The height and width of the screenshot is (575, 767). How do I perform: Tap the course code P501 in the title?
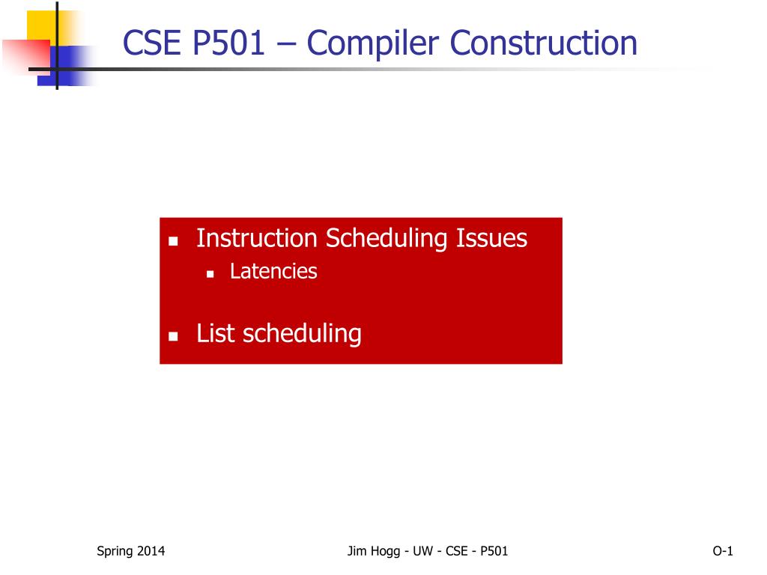click(228, 43)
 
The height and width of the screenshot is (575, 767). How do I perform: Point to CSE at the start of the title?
click(151, 43)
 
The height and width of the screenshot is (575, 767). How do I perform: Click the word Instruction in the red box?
click(257, 238)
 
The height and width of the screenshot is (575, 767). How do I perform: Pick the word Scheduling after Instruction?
click(386, 240)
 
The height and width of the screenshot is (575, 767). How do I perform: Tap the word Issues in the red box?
click(491, 238)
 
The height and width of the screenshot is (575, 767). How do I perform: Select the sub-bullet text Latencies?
click(273, 271)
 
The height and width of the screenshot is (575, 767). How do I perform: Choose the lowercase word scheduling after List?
click(302, 335)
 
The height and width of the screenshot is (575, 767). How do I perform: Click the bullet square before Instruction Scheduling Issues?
click(173, 241)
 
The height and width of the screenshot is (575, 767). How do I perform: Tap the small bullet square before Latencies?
click(210, 274)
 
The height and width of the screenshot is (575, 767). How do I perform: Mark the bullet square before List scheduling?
click(173, 336)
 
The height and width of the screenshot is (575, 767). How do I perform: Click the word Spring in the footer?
click(115, 552)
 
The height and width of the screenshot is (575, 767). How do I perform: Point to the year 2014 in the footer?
click(151, 551)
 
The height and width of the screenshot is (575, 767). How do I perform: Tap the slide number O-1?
click(723, 551)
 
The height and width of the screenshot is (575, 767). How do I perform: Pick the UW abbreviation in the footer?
click(422, 551)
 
